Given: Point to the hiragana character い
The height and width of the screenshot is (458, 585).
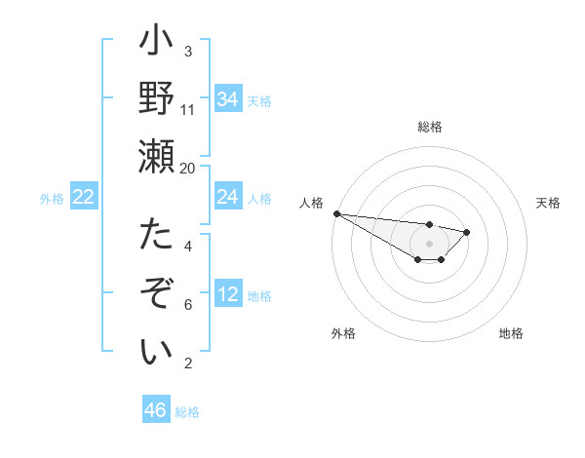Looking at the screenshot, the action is point(156,351).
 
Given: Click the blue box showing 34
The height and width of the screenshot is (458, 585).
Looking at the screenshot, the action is point(228,98).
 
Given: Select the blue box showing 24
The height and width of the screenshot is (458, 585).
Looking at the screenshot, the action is point(228,197).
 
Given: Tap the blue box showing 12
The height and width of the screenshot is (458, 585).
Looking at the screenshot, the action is point(228,295).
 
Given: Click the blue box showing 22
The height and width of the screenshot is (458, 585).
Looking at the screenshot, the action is point(84,197).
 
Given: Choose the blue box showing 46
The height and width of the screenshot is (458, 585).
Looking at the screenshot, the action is point(156,410).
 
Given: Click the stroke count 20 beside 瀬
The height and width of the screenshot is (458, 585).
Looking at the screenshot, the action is point(188,168).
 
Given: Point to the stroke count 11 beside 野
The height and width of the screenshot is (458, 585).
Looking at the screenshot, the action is point(188,109).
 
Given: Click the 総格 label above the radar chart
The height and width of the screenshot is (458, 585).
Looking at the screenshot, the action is point(430,127).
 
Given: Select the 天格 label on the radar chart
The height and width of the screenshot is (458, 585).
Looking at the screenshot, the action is point(548,203).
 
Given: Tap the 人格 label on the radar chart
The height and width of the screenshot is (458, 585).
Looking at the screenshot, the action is point(312,203).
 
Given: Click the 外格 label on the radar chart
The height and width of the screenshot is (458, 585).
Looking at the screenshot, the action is point(343,333).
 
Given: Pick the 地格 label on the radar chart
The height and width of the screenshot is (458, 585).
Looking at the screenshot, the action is point(511,333).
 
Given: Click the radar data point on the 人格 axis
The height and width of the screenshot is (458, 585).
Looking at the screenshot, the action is point(336,213).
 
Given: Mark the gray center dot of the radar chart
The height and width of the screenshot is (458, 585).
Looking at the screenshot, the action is point(430,244).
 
